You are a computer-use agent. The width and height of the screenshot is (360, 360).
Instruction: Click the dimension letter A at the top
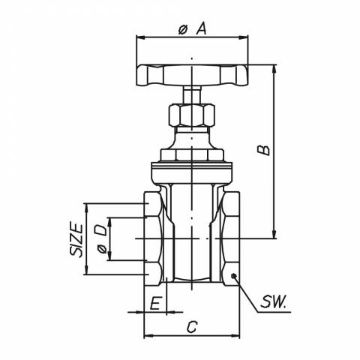point(202,28)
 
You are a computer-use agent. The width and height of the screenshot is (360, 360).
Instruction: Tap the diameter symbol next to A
point(183,30)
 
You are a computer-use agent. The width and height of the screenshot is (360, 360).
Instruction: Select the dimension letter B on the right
point(264,150)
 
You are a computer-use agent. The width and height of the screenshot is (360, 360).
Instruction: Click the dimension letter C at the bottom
point(192,327)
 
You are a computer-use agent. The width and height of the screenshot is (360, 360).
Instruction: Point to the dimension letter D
point(101,230)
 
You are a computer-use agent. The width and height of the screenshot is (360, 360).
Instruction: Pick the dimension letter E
point(154,304)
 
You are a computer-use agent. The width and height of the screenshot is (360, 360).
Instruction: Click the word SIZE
point(76,239)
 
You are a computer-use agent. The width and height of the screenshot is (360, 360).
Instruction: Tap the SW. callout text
point(273,301)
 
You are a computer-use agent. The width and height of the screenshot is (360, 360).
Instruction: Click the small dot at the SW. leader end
point(234,276)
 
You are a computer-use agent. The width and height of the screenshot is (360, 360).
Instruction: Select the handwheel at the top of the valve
point(192,76)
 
